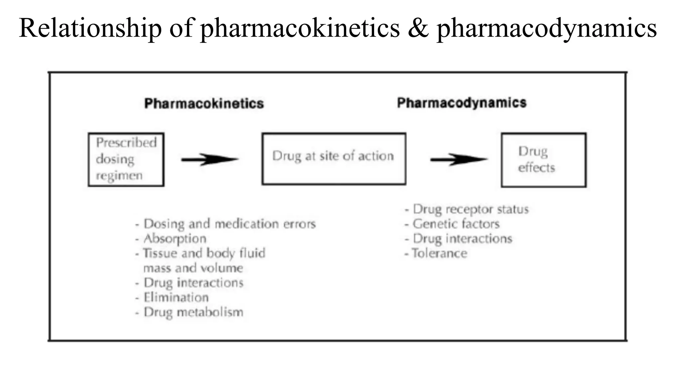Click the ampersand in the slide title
(418, 28)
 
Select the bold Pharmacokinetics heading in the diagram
(204, 103)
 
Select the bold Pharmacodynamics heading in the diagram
(462, 103)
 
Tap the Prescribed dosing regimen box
(126, 160)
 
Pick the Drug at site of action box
(334, 159)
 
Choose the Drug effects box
(543, 160)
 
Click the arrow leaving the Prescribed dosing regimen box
(210, 160)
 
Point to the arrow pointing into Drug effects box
(459, 160)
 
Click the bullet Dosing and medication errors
(229, 224)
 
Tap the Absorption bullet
(175, 239)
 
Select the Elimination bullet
(176, 297)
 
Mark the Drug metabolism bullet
(193, 312)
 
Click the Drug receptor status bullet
(471, 209)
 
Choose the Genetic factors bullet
(456, 224)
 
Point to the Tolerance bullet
(440, 253)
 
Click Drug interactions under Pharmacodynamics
(462, 239)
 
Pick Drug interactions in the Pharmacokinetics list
(193, 283)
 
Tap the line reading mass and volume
(193, 268)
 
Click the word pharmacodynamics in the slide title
(546, 28)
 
